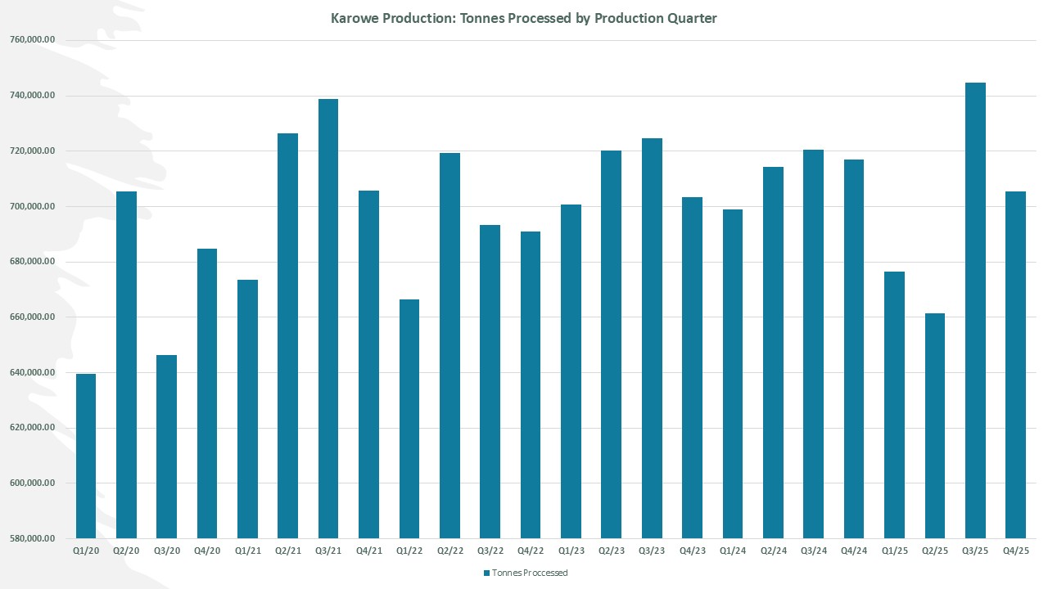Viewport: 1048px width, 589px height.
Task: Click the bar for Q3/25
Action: coord(975,311)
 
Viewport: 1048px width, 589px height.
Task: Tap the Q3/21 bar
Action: coord(328,319)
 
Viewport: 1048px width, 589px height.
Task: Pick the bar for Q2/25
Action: coord(935,425)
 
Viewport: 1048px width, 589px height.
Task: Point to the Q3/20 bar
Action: coord(167,447)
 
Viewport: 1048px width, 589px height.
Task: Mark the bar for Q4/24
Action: coord(854,348)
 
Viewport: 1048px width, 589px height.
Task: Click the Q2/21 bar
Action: coord(288,335)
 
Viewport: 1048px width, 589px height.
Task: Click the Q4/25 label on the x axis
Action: coord(1015,551)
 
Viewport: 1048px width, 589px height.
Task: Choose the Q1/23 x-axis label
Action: coord(571,551)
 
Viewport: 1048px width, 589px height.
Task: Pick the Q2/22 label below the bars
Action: coord(449,551)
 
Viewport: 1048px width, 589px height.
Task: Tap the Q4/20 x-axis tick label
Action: coord(207,551)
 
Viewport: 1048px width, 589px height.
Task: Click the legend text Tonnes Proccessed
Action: coord(530,573)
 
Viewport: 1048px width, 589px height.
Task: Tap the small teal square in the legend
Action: coord(486,573)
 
